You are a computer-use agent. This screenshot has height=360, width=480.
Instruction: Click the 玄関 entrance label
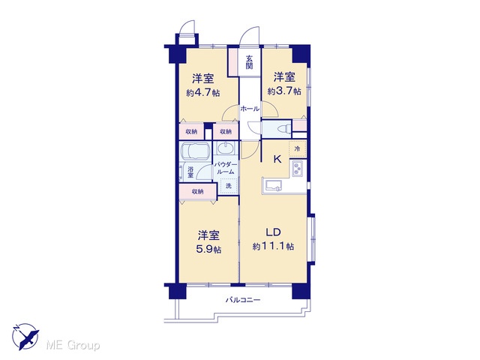pyautogui.click(x=249, y=61)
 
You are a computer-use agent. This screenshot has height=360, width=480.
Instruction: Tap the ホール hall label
pyautogui.click(x=250, y=108)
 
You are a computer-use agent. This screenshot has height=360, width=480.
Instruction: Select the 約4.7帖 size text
pyautogui.click(x=203, y=92)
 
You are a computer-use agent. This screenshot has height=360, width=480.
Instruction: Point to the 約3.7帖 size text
pyautogui.click(x=284, y=91)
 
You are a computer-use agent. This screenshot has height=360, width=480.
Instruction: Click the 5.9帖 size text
pyautogui.click(x=208, y=249)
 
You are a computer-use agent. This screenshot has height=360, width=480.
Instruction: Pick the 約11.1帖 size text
pyautogui.click(x=273, y=246)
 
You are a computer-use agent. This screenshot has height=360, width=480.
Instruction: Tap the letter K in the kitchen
pyautogui.click(x=277, y=159)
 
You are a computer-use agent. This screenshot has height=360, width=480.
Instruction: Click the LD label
pyautogui.click(x=273, y=232)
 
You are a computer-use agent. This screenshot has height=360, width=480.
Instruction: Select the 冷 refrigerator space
pyautogui.click(x=298, y=149)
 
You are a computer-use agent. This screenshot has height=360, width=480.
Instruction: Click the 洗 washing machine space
pyautogui.click(x=229, y=185)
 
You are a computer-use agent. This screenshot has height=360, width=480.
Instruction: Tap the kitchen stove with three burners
pyautogui.click(x=298, y=168)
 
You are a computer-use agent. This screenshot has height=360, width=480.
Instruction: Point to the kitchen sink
pyautogui.click(x=274, y=185)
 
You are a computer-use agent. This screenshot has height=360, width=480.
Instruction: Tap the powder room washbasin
pyautogui.click(x=226, y=148)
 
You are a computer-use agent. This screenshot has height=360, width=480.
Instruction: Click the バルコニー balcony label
pyautogui.click(x=243, y=300)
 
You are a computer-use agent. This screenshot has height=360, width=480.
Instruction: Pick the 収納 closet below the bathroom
pyautogui.click(x=198, y=192)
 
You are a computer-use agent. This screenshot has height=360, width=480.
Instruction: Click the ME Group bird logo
pyautogui.click(x=25, y=337)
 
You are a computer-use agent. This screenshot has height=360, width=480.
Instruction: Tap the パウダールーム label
pyautogui.click(x=226, y=168)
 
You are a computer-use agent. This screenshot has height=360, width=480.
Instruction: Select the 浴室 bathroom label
pyautogui.click(x=190, y=172)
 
